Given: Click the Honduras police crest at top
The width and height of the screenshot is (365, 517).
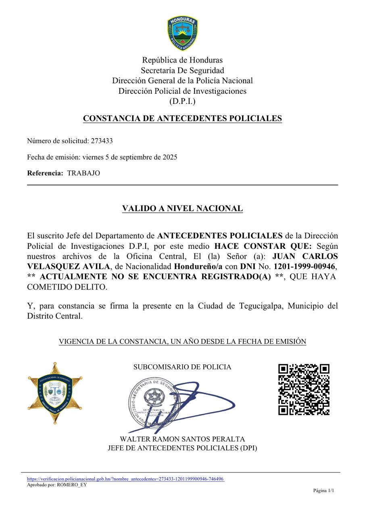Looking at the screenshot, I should (182, 33).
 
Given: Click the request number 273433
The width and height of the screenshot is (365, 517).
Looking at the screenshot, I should (102, 141).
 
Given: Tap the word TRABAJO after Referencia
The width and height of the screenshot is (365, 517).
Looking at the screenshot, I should (83, 173).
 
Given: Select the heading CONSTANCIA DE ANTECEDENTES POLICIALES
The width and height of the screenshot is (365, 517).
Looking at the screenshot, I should (182, 118).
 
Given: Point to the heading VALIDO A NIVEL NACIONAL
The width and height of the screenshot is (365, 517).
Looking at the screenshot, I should (182, 208).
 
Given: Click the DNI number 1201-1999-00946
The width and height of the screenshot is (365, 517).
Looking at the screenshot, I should (304, 266).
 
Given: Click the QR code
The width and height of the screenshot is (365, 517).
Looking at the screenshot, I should (304, 389).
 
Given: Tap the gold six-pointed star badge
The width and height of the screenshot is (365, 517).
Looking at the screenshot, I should (55, 393).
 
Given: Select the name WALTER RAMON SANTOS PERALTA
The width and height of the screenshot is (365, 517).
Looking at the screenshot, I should (182, 439).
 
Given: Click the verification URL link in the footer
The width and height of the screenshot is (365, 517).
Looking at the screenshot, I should (125, 479).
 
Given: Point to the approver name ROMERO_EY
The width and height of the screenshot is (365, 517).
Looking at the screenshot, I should (72, 485).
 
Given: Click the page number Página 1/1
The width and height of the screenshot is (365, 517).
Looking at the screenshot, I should (323, 491).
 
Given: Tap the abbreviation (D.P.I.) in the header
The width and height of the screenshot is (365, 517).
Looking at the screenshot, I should (182, 101).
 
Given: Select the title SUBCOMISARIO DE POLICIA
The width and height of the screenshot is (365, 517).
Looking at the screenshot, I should (182, 367).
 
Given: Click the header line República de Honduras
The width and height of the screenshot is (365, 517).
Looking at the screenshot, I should (182, 60).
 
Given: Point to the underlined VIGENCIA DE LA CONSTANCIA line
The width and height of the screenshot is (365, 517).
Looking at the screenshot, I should (182, 342).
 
